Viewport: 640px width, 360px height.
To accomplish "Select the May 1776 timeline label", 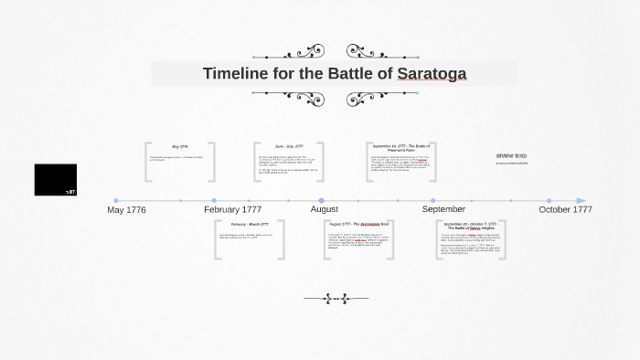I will coord(126,210).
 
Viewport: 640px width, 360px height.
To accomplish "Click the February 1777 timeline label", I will coord(232,210).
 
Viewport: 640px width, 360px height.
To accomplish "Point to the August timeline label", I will coord(324,210).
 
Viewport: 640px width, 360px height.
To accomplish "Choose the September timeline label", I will coord(443,209).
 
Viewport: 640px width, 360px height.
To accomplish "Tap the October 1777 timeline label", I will coord(565,210).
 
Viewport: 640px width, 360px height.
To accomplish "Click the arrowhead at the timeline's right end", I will coord(581,200).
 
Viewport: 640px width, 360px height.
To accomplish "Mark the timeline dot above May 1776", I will coord(116,200).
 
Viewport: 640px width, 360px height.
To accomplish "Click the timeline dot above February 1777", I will coord(214,200).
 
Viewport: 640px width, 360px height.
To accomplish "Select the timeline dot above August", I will coord(321,200).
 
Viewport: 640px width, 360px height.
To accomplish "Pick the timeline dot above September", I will coord(434,200).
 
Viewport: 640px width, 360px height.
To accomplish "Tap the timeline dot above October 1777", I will coord(549,200).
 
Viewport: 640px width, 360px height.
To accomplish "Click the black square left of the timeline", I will coord(55,180).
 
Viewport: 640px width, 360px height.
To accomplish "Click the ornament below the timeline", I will coord(336,298).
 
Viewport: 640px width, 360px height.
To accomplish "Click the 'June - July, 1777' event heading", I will coord(288,146).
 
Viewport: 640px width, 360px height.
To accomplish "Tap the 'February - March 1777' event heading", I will coord(250,224).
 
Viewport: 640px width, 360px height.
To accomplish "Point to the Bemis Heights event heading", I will coord(470,226).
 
